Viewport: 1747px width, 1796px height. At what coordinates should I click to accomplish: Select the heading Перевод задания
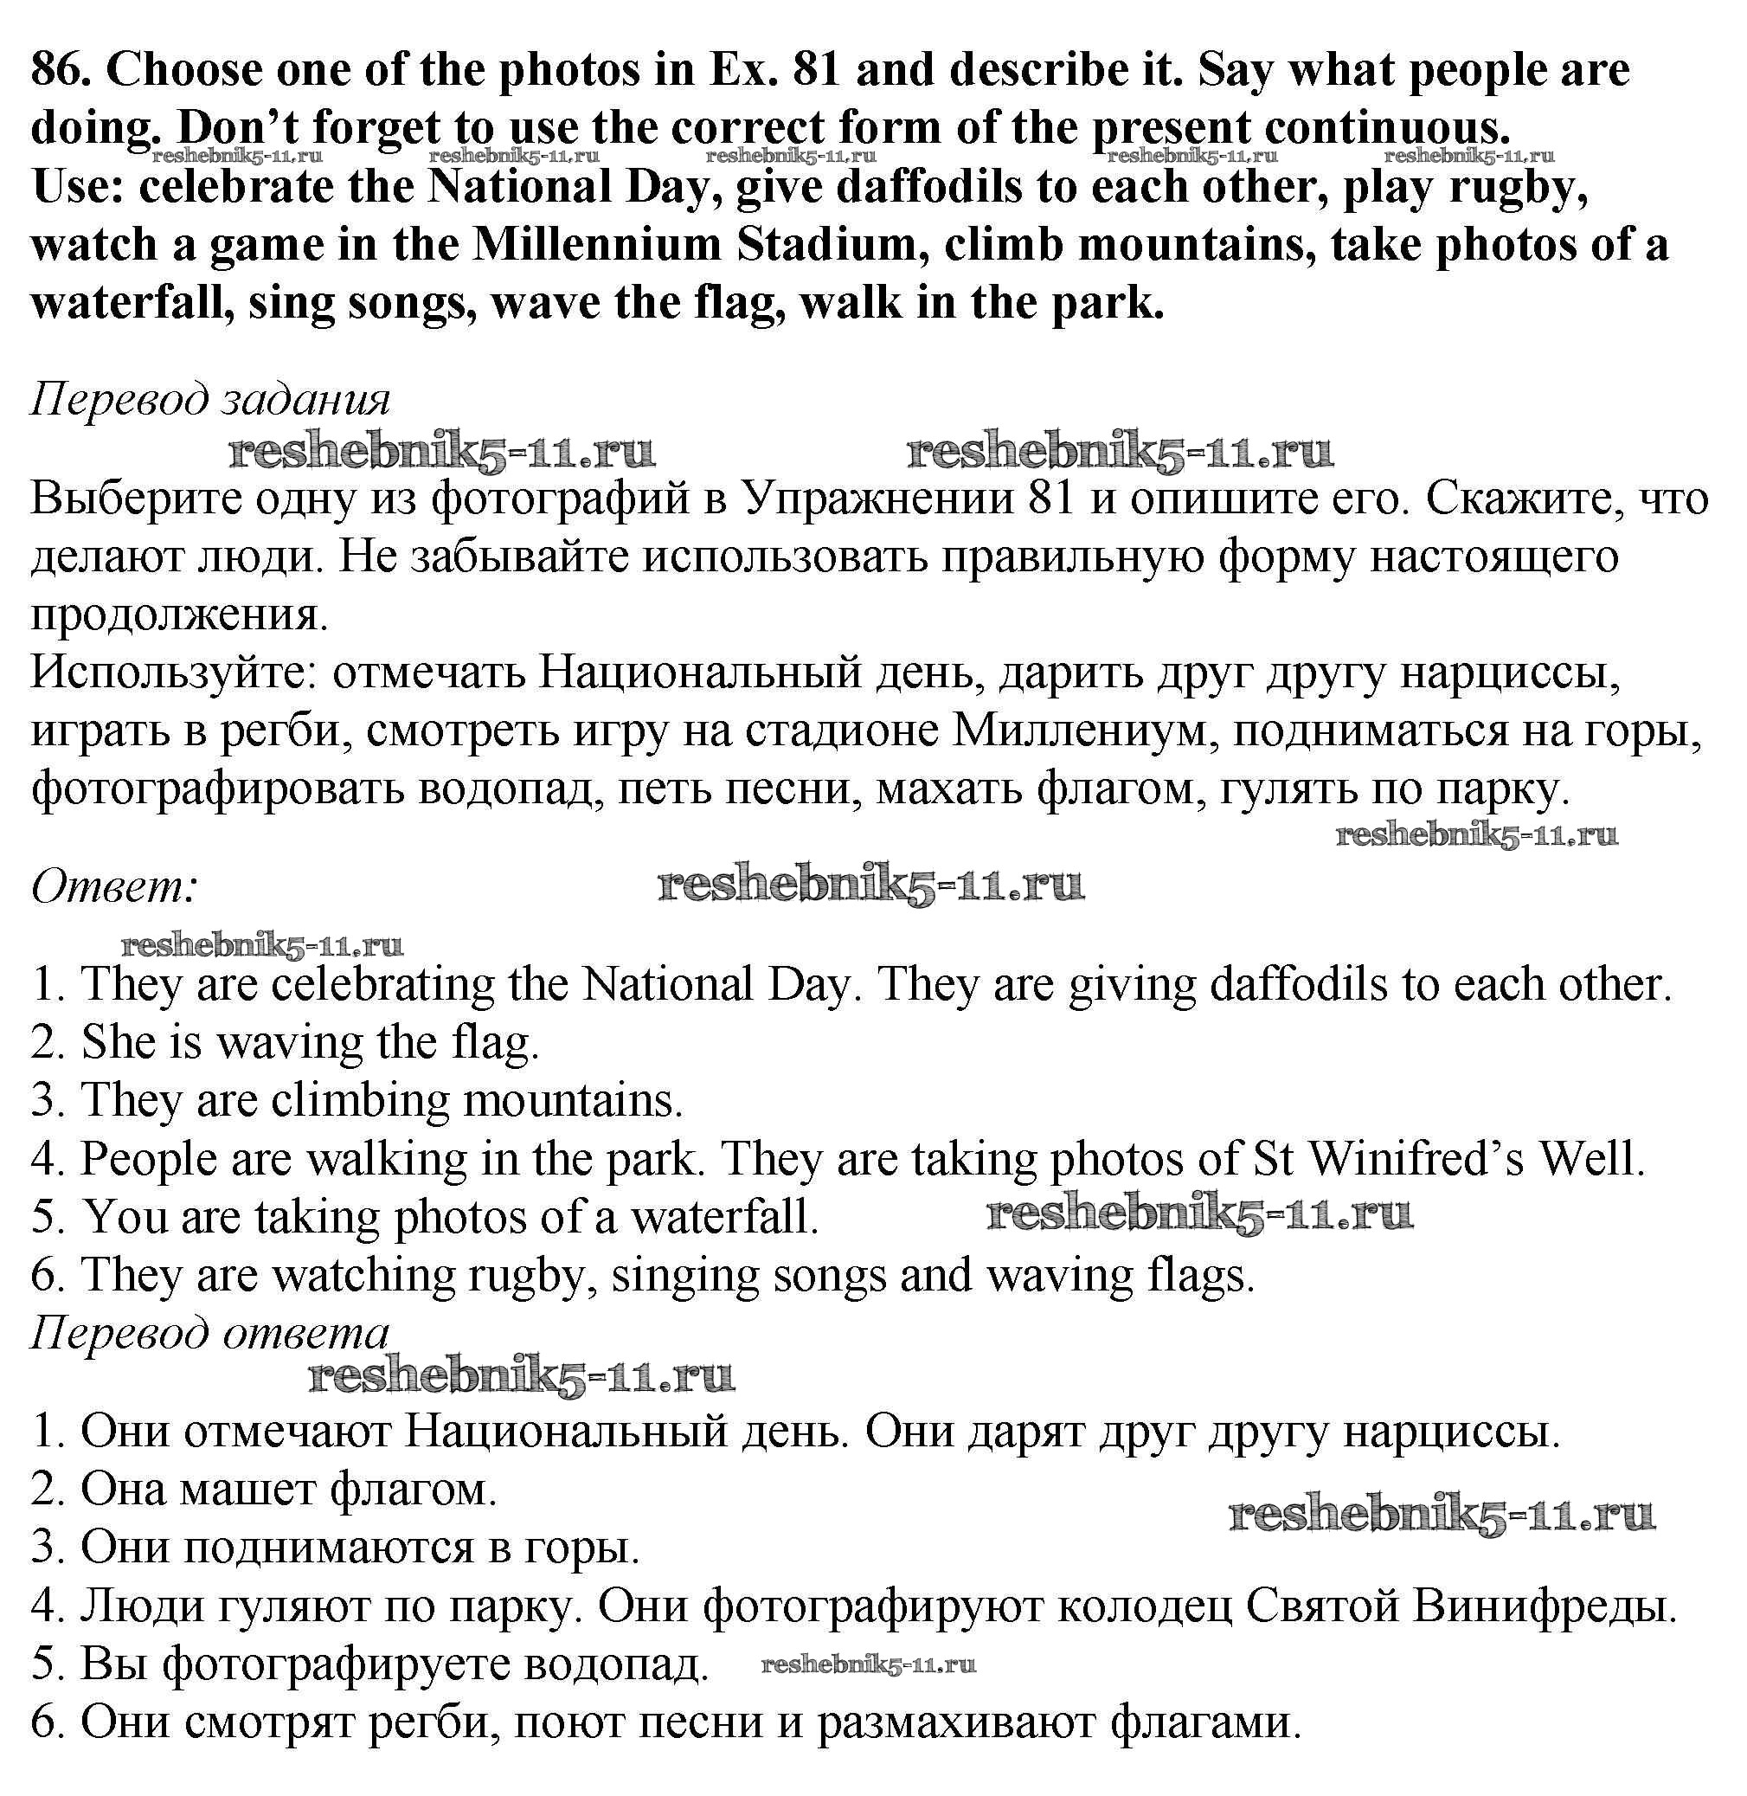tap(210, 399)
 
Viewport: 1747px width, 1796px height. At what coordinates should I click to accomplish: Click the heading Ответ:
tap(113, 886)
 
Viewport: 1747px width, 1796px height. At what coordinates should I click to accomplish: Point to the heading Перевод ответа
tap(210, 1333)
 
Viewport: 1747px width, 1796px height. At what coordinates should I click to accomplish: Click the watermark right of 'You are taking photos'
tap(1199, 1214)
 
